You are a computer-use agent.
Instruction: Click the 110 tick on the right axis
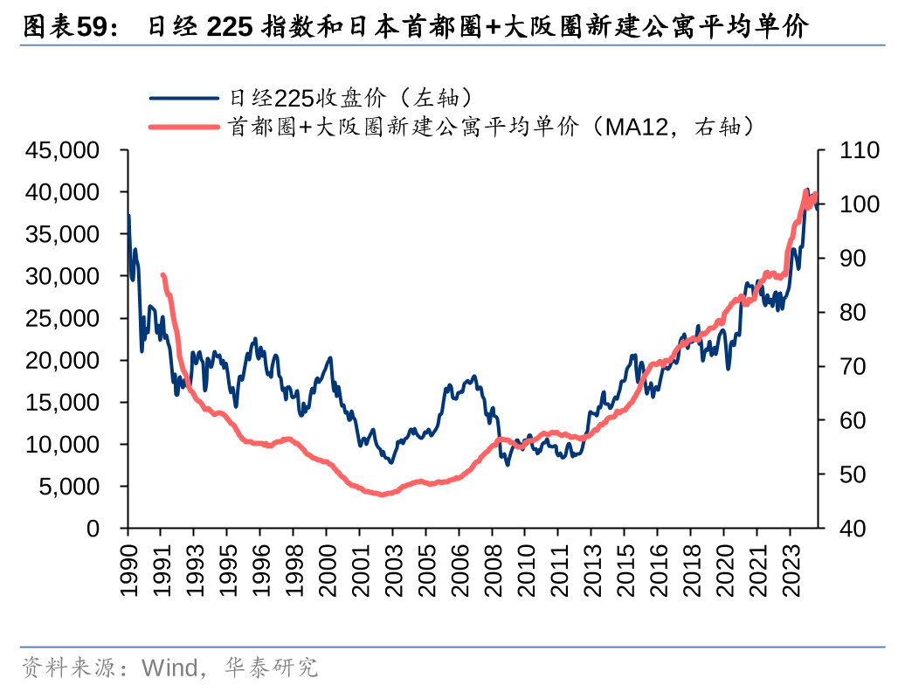click(x=858, y=150)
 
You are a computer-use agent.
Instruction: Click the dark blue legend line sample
click(x=184, y=98)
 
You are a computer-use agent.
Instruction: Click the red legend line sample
click(x=184, y=128)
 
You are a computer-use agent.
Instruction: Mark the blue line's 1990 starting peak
click(x=129, y=216)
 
